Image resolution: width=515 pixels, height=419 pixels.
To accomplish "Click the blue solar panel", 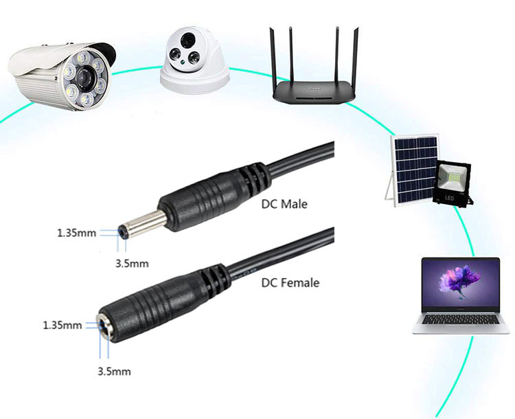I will point(413,168).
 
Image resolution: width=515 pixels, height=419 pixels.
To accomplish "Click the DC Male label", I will point(284,204).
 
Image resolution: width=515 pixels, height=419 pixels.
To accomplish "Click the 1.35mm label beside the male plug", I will point(76,232).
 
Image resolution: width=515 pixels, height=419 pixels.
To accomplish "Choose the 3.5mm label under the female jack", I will point(114,372).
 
